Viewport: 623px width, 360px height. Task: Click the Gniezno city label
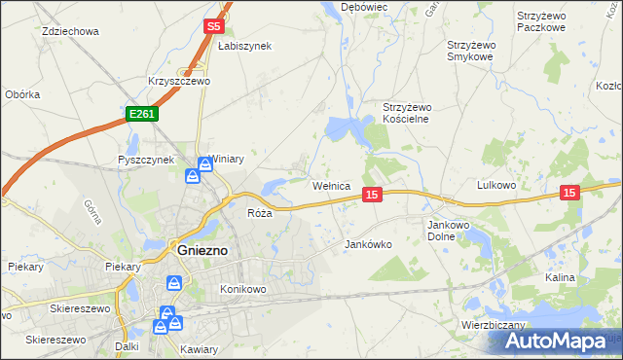[202, 249]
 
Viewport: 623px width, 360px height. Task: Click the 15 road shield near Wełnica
[371, 196]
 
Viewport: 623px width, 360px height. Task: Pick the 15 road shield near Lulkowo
[570, 194]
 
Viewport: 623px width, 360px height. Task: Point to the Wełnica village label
[337, 185]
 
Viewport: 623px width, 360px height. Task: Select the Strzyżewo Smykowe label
[472, 51]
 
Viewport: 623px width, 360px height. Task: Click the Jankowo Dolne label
[450, 230]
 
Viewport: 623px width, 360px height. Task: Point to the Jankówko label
[369, 245]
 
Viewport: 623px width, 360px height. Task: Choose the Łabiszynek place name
[244, 46]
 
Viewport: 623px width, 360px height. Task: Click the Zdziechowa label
[71, 31]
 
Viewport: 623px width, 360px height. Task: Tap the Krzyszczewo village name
[179, 81]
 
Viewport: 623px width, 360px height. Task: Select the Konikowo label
[243, 289]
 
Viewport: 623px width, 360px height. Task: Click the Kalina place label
[560, 277]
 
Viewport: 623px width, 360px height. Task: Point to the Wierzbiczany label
[495, 325]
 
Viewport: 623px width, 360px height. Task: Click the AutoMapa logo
[559, 342]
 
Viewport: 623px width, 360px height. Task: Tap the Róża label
[259, 212]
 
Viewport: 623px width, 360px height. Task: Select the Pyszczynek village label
[145, 160]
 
